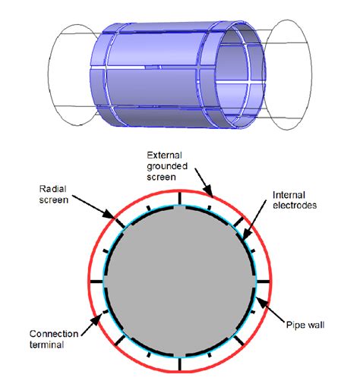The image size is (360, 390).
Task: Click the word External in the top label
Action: pos(164,155)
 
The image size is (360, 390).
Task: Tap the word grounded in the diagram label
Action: pos(167,166)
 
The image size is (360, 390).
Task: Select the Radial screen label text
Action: pos(54,194)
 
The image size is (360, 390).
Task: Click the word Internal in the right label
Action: pos(289,195)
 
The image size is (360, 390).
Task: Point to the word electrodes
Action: pos(295,205)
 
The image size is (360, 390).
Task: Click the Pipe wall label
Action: pos(305,325)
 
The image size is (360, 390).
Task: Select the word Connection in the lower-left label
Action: pos(54,334)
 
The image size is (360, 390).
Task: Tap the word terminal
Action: pos(46,344)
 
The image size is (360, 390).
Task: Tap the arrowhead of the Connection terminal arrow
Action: pos(96,321)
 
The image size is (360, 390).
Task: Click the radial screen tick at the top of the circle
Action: pos(180,199)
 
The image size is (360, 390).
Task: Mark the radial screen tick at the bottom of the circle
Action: pos(180,364)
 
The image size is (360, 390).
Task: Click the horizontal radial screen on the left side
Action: pos(96,281)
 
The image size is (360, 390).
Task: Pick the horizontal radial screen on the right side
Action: pos(263,281)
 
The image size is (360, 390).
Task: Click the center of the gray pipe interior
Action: pos(180,281)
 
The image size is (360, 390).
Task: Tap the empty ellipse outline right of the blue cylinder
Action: pos(311,75)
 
